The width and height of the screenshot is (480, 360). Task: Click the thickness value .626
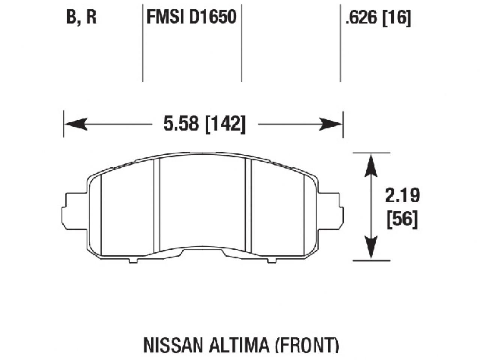pyautogui.click(x=361, y=18)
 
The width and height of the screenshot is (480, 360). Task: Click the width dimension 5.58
pyautogui.click(x=181, y=123)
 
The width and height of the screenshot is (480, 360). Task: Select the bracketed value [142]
pyautogui.click(x=225, y=124)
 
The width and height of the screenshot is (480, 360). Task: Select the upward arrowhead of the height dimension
pyautogui.click(x=370, y=165)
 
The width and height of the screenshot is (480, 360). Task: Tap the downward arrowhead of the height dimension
pyautogui.click(x=370, y=247)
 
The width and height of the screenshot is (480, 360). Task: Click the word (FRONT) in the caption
pyautogui.click(x=306, y=345)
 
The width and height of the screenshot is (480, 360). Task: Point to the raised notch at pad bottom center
pyautogui.click(x=202, y=250)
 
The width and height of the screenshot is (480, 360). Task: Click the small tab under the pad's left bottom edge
pyautogui.click(x=133, y=260)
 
